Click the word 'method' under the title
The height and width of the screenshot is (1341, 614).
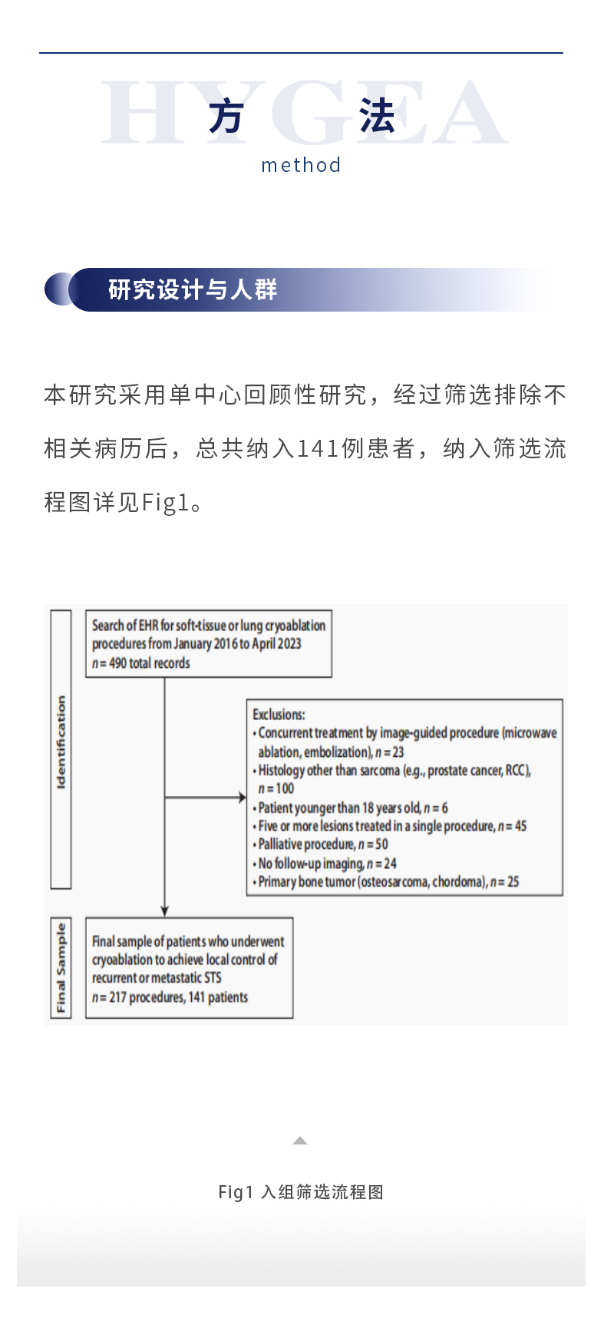tap(301, 165)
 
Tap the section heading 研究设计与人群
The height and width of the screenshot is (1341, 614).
tap(193, 289)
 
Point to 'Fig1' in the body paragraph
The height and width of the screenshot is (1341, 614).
tap(165, 503)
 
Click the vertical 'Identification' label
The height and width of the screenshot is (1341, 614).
tap(61, 743)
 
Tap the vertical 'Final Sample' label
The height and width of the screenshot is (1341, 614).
tap(61, 967)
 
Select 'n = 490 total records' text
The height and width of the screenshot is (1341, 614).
tap(141, 663)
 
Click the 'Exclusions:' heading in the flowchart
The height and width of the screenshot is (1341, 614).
tap(279, 715)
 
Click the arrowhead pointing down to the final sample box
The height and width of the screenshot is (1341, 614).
tap(164, 911)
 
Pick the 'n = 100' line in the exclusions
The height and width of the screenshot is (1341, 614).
tap(276, 788)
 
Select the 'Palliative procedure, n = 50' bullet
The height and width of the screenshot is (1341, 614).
tap(322, 844)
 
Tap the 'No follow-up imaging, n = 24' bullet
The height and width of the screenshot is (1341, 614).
tap(326, 864)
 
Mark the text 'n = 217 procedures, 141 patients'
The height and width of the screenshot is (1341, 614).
tap(170, 997)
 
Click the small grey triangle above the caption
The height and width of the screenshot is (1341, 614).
tap(300, 1141)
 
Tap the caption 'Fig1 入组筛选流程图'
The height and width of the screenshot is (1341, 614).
tap(301, 1192)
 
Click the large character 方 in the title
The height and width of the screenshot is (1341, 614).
tap(226, 117)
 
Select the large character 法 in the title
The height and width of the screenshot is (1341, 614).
tap(377, 117)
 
